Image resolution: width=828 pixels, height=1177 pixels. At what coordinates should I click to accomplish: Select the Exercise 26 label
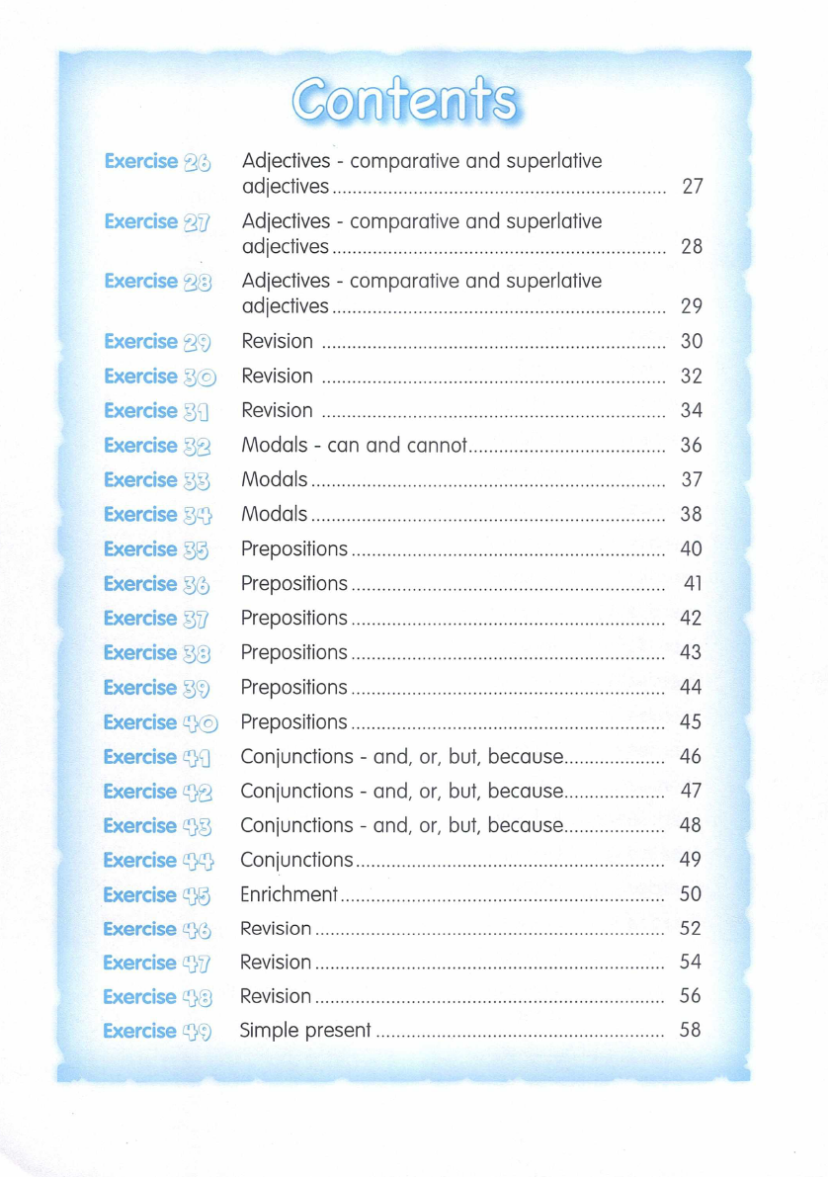click(x=158, y=161)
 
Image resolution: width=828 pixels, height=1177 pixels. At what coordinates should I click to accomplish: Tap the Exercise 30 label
click(x=160, y=377)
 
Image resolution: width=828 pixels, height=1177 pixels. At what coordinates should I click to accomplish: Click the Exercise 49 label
click(x=157, y=1031)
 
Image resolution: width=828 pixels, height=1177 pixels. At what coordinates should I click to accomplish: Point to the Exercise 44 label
click(x=158, y=860)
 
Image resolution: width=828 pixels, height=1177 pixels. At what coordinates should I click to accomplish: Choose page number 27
click(x=692, y=186)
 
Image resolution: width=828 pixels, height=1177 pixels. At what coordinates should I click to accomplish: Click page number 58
click(x=691, y=1030)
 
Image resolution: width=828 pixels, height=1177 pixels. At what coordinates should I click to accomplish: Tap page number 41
click(x=693, y=583)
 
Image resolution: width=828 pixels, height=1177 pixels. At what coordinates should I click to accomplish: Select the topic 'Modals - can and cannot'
click(x=354, y=446)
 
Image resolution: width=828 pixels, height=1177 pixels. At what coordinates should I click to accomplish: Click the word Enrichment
click(x=290, y=894)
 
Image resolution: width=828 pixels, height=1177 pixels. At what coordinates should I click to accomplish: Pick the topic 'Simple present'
click(x=306, y=1031)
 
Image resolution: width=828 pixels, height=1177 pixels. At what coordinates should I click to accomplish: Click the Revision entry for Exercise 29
click(x=278, y=342)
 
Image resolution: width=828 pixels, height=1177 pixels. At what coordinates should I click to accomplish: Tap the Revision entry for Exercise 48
click(x=276, y=996)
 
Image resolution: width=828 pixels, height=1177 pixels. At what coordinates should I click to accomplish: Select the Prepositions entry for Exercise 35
click(x=294, y=548)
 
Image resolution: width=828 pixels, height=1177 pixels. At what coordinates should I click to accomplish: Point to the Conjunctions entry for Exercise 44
click(x=296, y=860)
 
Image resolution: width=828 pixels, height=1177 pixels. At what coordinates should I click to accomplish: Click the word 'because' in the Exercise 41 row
click(x=525, y=757)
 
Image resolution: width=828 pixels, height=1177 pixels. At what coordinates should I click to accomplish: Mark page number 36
click(x=692, y=446)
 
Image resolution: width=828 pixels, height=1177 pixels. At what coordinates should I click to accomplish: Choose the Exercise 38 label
click(x=157, y=652)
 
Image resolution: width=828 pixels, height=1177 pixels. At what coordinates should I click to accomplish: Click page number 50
click(x=691, y=894)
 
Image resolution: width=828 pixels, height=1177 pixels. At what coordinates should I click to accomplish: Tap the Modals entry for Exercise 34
click(x=275, y=514)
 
